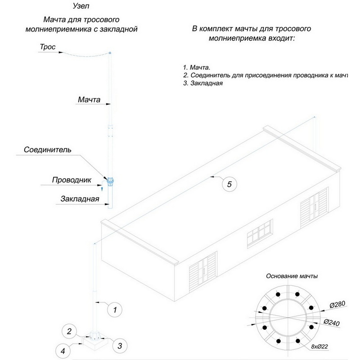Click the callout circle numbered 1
click(x=115, y=310)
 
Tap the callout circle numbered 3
click(x=119, y=346)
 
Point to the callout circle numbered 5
click(x=229, y=184)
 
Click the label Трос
click(x=47, y=47)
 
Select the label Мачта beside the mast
click(x=89, y=99)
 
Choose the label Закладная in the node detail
click(x=79, y=199)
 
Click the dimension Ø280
click(x=337, y=305)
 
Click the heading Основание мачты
click(x=292, y=276)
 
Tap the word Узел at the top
click(x=81, y=7)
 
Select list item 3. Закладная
click(x=203, y=83)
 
